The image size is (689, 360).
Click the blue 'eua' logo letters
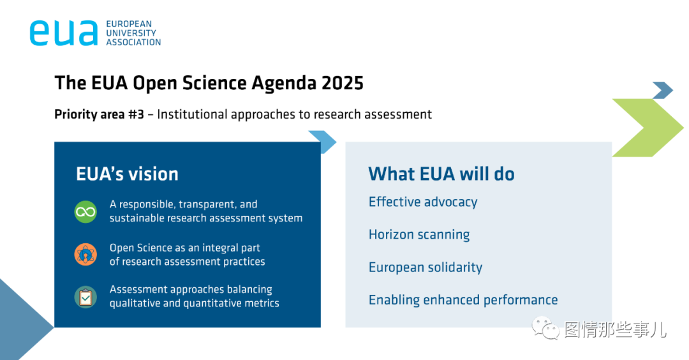(64, 33)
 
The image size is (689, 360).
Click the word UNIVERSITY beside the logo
(131, 33)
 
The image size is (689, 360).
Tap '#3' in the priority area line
(136, 114)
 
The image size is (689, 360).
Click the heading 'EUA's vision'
(127, 174)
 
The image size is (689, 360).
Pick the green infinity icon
(85, 212)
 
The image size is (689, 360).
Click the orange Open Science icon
(85, 255)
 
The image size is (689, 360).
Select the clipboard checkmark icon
(85, 297)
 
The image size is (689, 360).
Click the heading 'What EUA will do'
(441, 174)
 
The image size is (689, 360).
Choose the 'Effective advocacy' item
(423, 202)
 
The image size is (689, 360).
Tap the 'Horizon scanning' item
(419, 235)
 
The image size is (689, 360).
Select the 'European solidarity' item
(426, 267)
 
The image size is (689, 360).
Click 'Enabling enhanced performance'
(463, 300)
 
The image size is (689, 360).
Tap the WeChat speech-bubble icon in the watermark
(545, 328)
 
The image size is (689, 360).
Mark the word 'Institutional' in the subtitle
(192, 114)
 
